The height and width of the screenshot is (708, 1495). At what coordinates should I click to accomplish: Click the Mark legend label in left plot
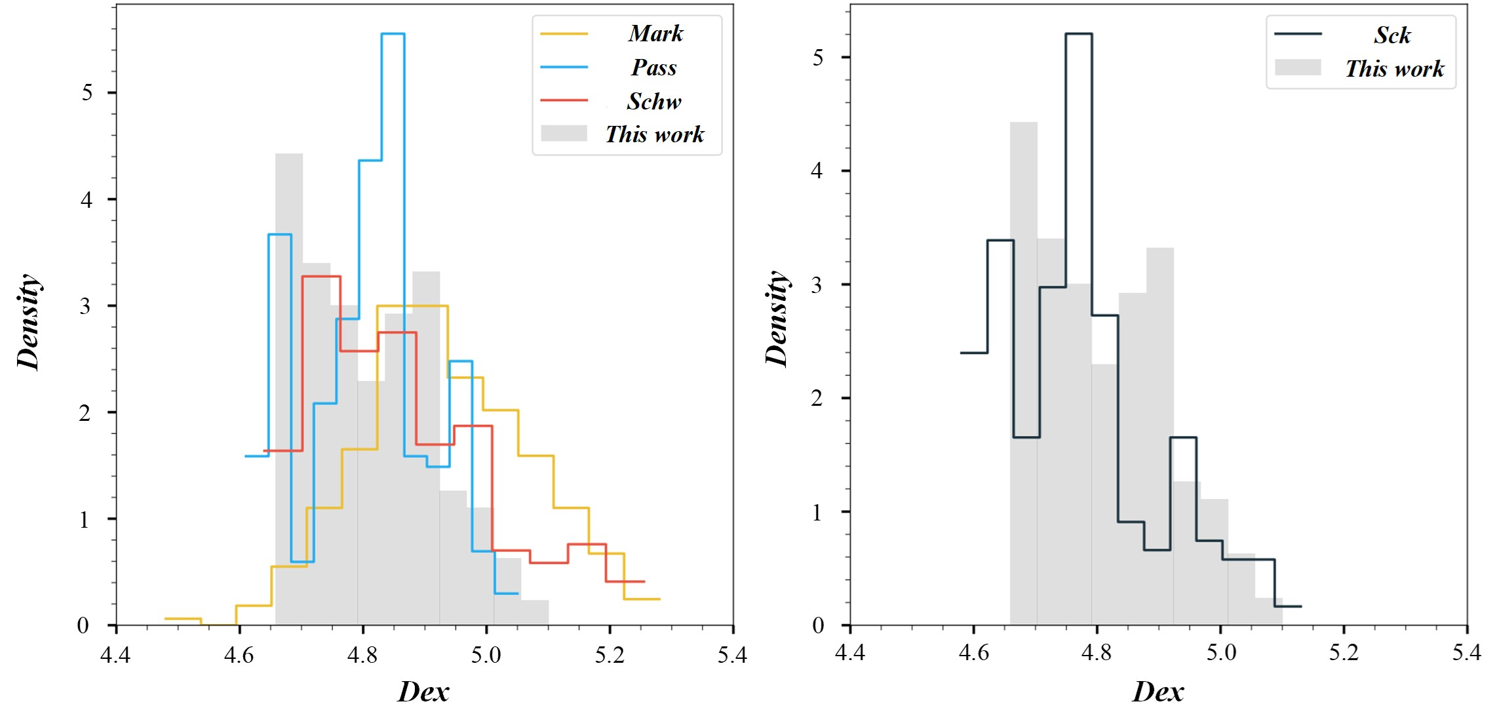click(x=655, y=33)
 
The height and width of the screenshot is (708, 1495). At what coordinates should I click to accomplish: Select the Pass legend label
click(x=653, y=68)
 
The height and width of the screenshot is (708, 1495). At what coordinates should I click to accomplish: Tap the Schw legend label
click(x=653, y=102)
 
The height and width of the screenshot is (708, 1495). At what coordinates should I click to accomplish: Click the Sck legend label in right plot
click(x=1392, y=35)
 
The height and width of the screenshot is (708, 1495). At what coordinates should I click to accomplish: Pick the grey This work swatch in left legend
click(x=564, y=133)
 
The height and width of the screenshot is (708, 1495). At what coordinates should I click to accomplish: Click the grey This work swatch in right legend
click(x=1297, y=68)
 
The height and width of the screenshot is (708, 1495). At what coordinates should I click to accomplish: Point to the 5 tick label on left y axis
click(x=87, y=92)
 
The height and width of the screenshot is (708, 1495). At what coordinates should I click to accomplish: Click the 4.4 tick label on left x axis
click(x=115, y=654)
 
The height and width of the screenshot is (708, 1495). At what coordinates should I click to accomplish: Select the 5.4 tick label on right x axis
click(x=1466, y=652)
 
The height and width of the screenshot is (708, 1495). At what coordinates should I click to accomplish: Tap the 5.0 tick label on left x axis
click(x=486, y=654)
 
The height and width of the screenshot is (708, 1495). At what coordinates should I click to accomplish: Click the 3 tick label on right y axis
click(x=816, y=285)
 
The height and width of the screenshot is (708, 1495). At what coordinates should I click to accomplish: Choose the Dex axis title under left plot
click(x=423, y=692)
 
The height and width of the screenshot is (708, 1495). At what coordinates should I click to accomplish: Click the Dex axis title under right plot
click(x=1157, y=692)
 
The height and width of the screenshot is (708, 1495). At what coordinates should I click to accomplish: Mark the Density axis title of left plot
click(x=29, y=321)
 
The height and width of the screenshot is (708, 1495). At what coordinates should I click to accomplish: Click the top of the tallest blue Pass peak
click(x=393, y=33)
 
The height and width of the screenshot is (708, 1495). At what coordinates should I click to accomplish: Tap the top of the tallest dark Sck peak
click(x=1078, y=33)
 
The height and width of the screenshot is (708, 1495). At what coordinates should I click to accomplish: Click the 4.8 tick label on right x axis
click(x=1097, y=652)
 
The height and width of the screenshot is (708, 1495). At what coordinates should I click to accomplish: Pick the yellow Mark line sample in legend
click(x=564, y=33)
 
